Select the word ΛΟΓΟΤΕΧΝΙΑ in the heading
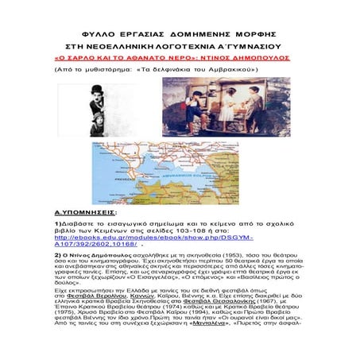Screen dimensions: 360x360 [x=175, y=46]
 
